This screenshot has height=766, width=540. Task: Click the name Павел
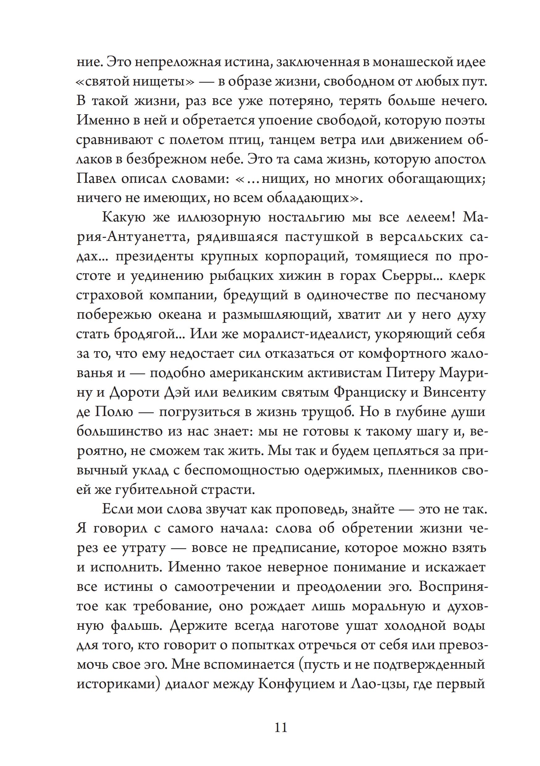(x=95, y=179)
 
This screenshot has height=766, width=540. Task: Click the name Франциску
(x=369, y=393)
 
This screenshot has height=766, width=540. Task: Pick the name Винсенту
(x=454, y=393)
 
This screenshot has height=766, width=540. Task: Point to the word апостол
(x=460, y=159)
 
